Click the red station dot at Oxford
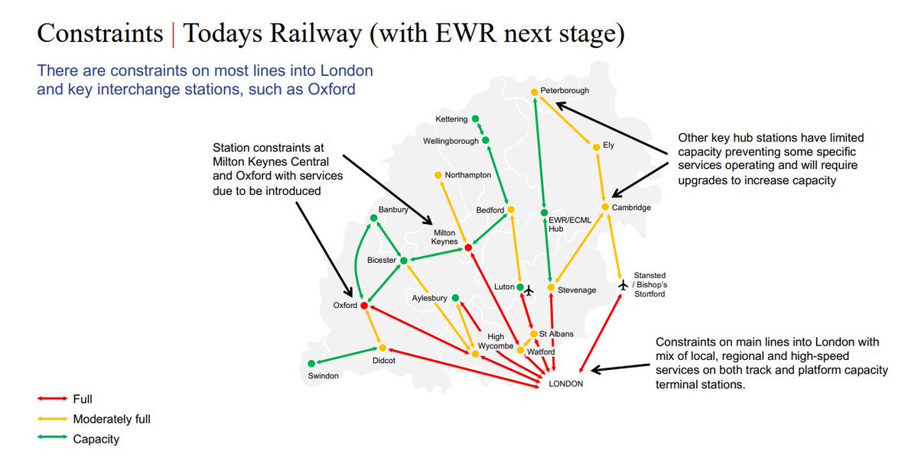click(364, 306)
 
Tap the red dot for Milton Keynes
click(467, 247)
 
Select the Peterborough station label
click(565, 90)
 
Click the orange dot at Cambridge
click(604, 207)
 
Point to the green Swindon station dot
click(311, 364)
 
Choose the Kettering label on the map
click(451, 119)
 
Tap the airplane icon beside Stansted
click(623, 285)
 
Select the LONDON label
click(566, 384)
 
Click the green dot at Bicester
click(404, 261)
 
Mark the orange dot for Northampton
click(438, 175)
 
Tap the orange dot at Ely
click(595, 147)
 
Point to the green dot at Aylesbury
click(455, 298)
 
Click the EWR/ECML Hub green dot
click(544, 212)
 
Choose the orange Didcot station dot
click(382, 348)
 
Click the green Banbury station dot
click(374, 219)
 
